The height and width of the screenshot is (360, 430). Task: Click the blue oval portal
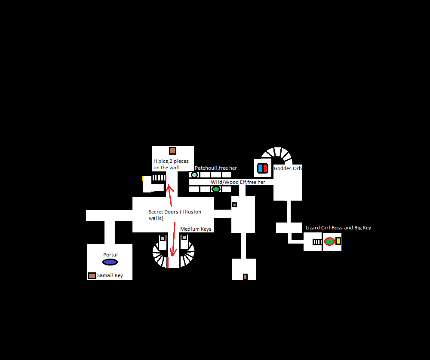tap(110, 262)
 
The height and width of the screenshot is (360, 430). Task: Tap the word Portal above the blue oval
tap(110, 255)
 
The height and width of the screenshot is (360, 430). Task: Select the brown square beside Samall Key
tap(92, 275)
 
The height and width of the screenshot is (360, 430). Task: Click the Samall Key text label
tap(110, 275)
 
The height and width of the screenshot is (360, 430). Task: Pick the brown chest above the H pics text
tap(172, 151)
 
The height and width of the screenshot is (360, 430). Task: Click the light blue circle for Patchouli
tap(194, 175)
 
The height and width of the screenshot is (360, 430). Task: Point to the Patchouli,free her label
tap(216, 168)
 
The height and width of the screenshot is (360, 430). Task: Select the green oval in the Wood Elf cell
tap(216, 189)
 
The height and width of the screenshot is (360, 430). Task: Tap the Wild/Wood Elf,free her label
tap(238, 182)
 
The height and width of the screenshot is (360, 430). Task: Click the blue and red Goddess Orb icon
tap(262, 168)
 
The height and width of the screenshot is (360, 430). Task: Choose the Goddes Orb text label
tap(288, 168)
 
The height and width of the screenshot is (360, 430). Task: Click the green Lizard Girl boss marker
tap(329, 241)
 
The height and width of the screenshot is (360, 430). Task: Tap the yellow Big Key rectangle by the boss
tap(338, 241)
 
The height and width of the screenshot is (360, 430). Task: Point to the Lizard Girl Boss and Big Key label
tap(338, 228)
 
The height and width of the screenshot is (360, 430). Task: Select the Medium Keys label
tap(196, 229)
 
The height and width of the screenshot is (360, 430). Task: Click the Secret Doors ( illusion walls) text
tap(175, 215)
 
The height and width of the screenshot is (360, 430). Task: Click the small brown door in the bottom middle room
tap(245, 277)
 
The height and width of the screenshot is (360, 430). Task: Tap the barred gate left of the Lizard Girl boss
tap(317, 242)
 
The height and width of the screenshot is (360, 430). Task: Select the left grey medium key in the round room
tap(163, 238)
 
